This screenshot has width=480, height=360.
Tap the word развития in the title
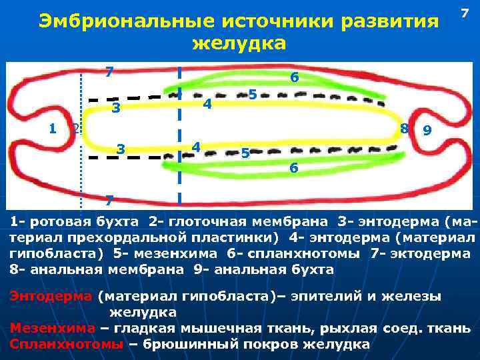coord(389,22)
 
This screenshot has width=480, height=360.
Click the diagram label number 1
coord(53,128)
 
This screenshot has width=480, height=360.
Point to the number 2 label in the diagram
coord(75,129)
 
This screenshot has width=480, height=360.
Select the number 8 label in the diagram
coord(405,128)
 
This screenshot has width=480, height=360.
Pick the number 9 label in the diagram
coord(427,131)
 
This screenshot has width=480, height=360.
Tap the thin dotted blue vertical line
coord(81,133)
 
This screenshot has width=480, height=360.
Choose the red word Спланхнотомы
coord(67,344)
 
